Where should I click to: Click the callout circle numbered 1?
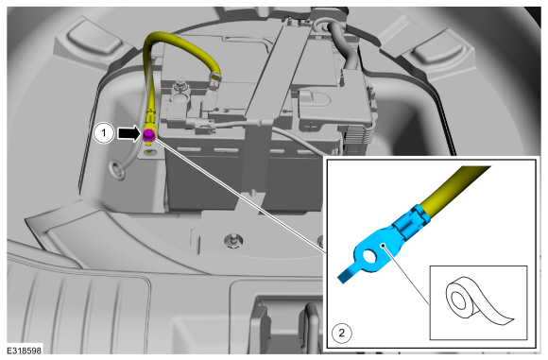(x=104, y=133)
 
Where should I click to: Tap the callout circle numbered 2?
(x=341, y=333)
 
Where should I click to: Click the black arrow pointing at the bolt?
(x=129, y=133)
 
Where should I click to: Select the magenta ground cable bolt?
(x=149, y=134)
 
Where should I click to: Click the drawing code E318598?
(x=25, y=351)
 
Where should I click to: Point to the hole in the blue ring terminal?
(x=369, y=257)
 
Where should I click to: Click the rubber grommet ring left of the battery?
(x=118, y=168)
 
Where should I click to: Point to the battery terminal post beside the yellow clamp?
(x=180, y=88)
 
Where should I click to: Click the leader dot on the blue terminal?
(x=384, y=245)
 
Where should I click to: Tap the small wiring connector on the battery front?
(x=200, y=123)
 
